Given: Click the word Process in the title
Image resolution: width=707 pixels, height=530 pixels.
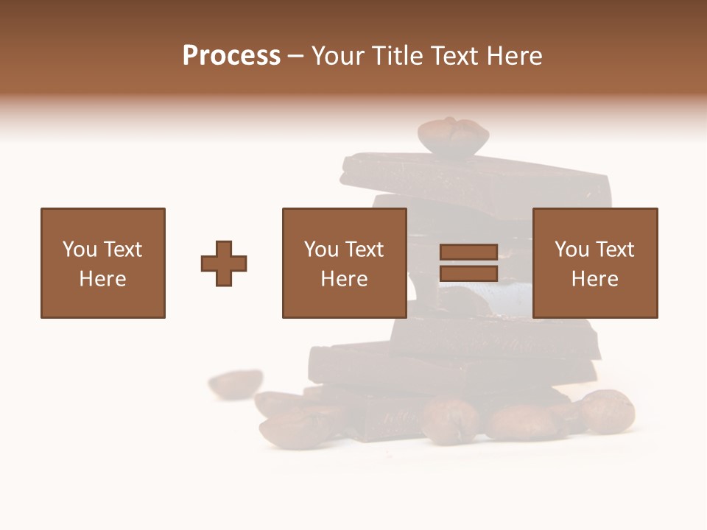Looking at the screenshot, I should click(x=231, y=56).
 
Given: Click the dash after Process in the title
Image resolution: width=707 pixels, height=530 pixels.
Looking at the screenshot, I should click(x=295, y=57).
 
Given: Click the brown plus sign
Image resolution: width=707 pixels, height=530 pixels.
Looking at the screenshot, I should click(x=224, y=264).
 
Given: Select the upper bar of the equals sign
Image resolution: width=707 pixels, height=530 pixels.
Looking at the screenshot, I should click(x=468, y=252).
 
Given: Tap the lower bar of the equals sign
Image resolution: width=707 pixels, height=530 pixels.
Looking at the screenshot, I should click(x=468, y=274).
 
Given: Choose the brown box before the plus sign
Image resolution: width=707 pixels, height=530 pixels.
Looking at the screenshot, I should click(x=103, y=263).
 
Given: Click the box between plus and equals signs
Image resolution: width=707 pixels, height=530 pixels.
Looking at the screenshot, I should click(x=344, y=263).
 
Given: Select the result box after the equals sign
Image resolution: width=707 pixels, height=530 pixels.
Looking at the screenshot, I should click(x=594, y=263).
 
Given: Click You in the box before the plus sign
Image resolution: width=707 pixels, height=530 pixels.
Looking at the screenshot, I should click(x=79, y=250).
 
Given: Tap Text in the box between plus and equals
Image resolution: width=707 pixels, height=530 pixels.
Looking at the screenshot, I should click(x=363, y=250).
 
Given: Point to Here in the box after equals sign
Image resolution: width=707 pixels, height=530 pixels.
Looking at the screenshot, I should click(x=594, y=279).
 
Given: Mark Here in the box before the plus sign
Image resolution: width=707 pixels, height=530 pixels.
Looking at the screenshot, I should click(x=103, y=279).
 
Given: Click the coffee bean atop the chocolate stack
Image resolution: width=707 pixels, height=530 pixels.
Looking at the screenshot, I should click(x=453, y=136).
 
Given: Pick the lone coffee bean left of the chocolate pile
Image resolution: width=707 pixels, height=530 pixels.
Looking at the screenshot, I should click(x=236, y=382).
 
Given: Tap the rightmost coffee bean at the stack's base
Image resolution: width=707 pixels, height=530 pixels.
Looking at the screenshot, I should click(x=608, y=410).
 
